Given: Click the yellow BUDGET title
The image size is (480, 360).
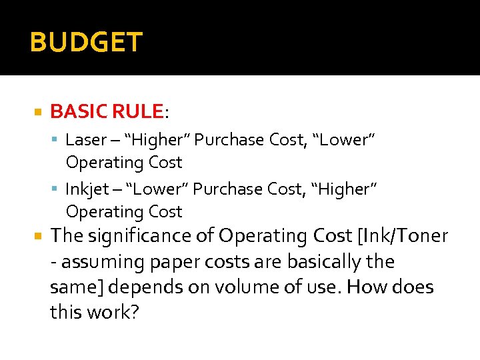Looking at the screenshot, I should click(86, 43).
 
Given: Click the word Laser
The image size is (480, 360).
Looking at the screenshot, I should click(85, 140).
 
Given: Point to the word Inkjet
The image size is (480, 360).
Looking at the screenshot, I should click(87, 189).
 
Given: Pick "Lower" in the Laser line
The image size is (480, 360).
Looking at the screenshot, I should click(344, 140).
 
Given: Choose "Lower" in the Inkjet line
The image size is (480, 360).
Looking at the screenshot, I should click(157, 189).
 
